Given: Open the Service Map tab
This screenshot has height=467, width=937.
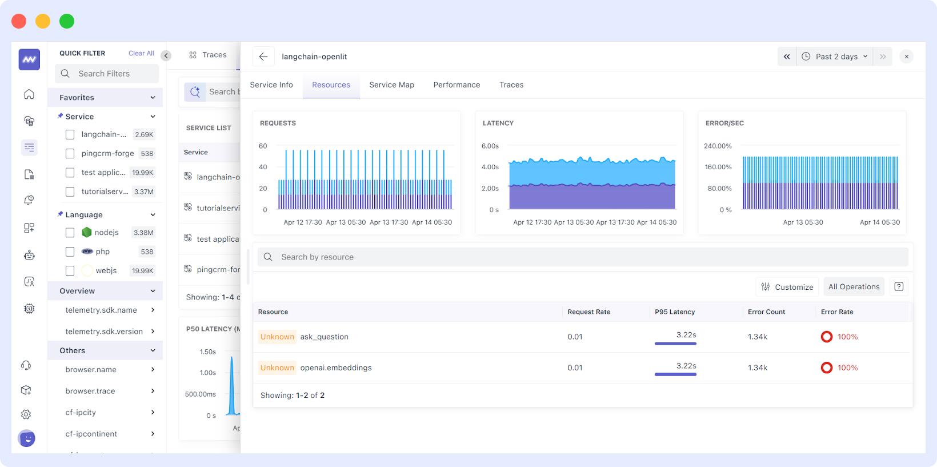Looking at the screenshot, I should pyautogui.click(x=391, y=85).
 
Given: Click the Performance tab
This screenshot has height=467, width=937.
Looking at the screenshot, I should pyautogui.click(x=457, y=85).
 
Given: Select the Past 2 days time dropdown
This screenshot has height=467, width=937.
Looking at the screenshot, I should pyautogui.click(x=835, y=57).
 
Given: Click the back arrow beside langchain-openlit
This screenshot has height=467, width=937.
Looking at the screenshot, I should pyautogui.click(x=263, y=57).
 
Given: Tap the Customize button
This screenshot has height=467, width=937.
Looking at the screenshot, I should pyautogui.click(x=787, y=287).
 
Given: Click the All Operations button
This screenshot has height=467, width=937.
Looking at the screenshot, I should pyautogui.click(x=854, y=287).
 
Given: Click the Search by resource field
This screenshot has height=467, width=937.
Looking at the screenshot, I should pyautogui.click(x=583, y=257).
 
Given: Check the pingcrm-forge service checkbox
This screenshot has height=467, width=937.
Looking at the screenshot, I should pyautogui.click(x=70, y=154).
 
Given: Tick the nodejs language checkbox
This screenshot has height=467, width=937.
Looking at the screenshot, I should pyautogui.click(x=70, y=233).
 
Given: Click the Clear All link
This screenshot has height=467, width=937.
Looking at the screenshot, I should pyautogui.click(x=141, y=53).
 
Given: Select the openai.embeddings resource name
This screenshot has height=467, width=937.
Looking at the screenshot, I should pyautogui.click(x=336, y=368).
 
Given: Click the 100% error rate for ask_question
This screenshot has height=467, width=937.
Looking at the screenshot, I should pyautogui.click(x=847, y=337).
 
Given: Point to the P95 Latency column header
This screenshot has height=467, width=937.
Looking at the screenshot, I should pyautogui.click(x=674, y=312).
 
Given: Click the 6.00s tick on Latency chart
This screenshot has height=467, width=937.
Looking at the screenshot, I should pyautogui.click(x=490, y=146).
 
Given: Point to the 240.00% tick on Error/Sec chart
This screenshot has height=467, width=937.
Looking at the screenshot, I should pyautogui.click(x=718, y=146).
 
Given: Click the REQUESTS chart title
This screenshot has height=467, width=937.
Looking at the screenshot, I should pyautogui.click(x=278, y=123).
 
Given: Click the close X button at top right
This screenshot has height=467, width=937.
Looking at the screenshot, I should pyautogui.click(x=906, y=57).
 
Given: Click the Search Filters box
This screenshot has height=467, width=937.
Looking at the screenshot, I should pyautogui.click(x=107, y=74).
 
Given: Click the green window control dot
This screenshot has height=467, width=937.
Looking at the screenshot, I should pyautogui.click(x=67, y=21).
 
